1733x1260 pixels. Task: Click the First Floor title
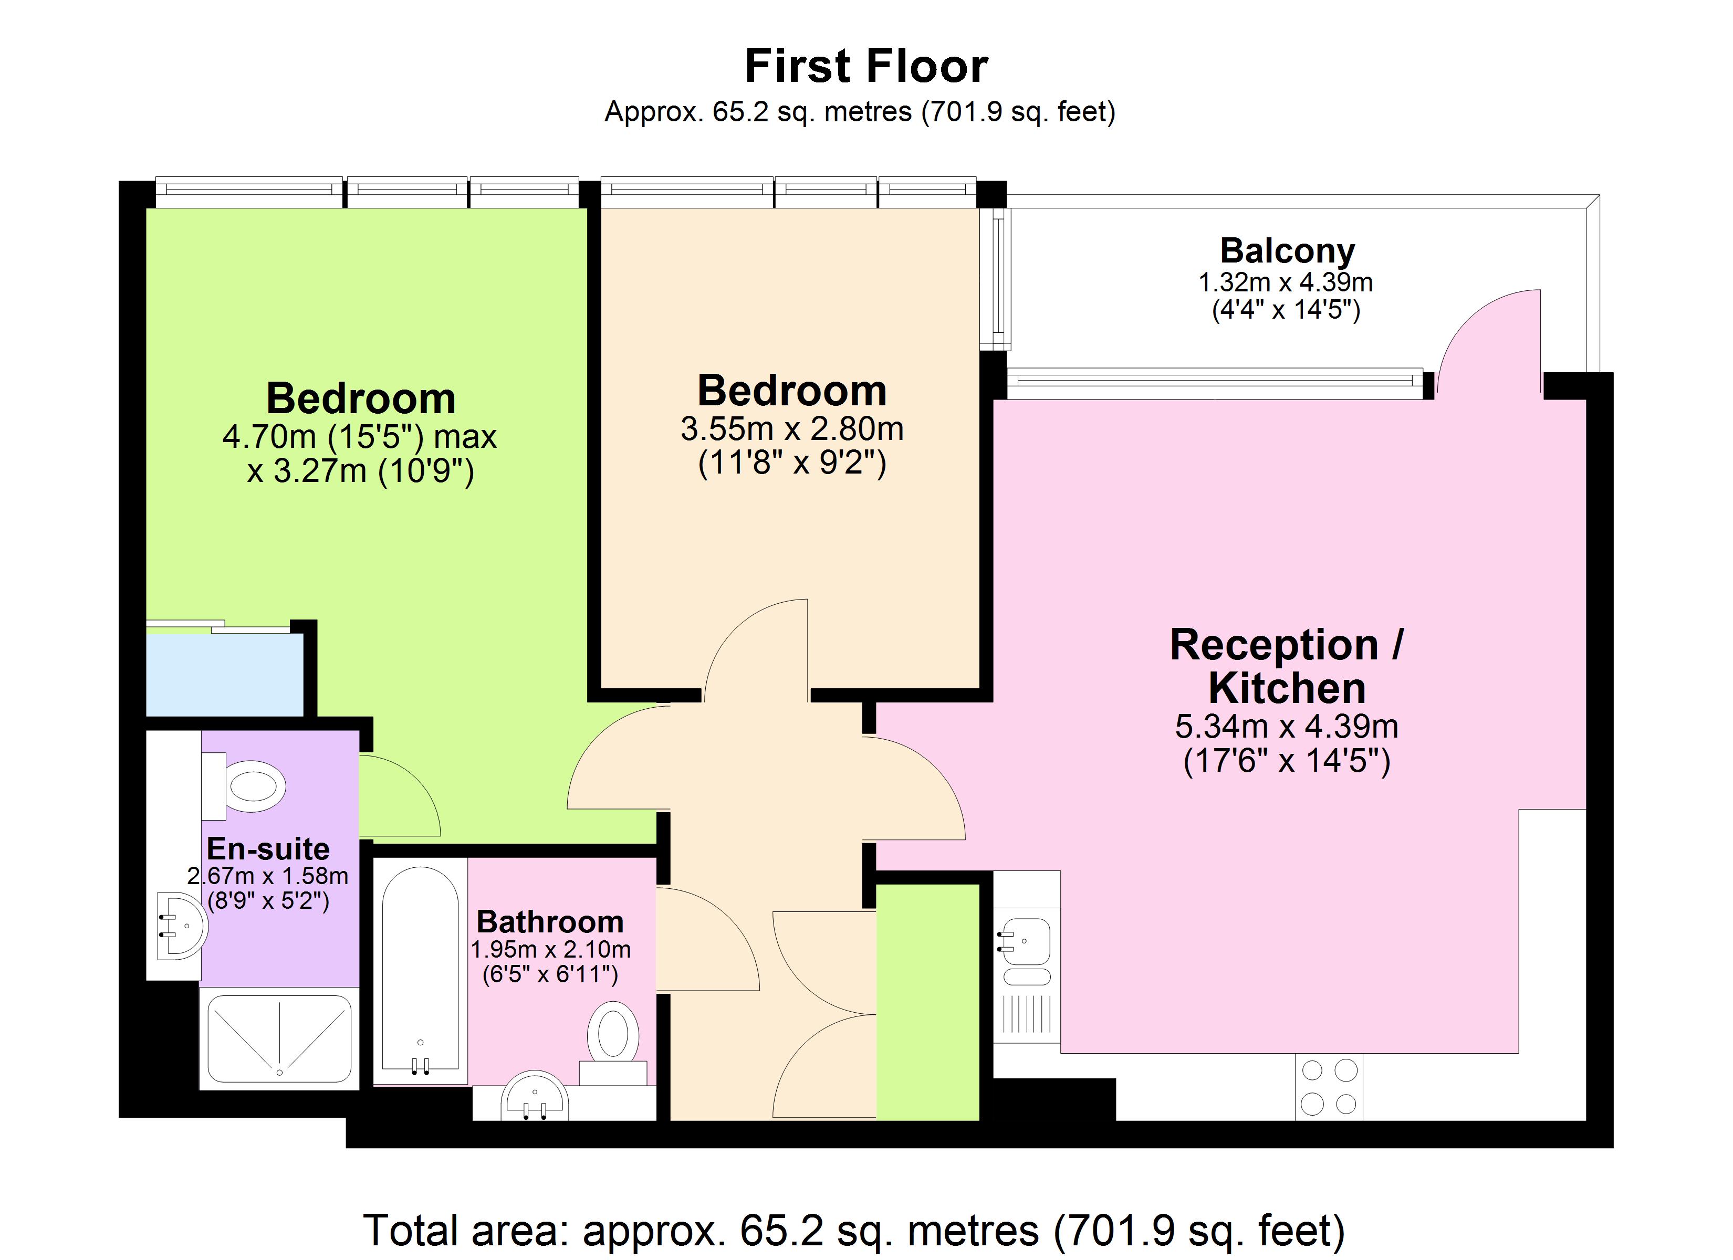866,67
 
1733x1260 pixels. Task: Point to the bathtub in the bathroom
420,970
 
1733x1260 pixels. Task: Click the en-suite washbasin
180,925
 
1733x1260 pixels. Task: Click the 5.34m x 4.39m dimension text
1286,726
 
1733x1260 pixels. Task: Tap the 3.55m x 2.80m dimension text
791,428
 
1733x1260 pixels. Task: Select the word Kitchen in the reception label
1287,688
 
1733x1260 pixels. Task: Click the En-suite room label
268,849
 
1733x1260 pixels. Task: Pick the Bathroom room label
550,921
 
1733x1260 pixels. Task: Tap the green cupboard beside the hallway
927,1002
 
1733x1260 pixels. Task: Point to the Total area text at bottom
853,1230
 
